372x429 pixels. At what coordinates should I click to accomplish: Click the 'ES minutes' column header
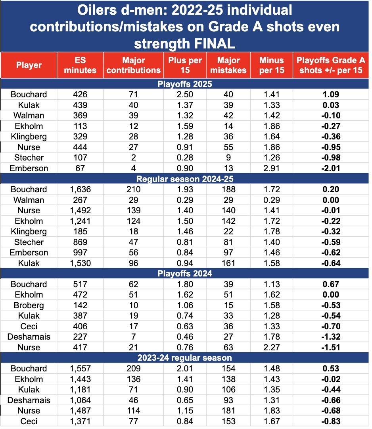(x=80, y=65)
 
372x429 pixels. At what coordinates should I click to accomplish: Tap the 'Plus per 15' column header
(x=185, y=65)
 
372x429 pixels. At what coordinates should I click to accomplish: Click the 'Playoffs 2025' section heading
(x=185, y=84)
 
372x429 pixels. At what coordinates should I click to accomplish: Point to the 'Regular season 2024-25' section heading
(x=185, y=179)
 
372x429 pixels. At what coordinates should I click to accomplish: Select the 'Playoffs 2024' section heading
(x=185, y=274)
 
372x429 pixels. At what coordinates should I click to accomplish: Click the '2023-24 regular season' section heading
(x=185, y=358)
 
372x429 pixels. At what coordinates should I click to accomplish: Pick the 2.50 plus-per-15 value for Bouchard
(x=185, y=95)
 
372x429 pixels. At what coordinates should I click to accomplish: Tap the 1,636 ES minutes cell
(x=80, y=189)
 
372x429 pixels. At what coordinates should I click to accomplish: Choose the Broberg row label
(x=29, y=305)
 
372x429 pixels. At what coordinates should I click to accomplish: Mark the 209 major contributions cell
(x=134, y=369)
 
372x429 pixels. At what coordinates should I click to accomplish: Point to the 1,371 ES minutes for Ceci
(x=80, y=421)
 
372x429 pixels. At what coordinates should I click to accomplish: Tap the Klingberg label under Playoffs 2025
(x=29, y=137)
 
